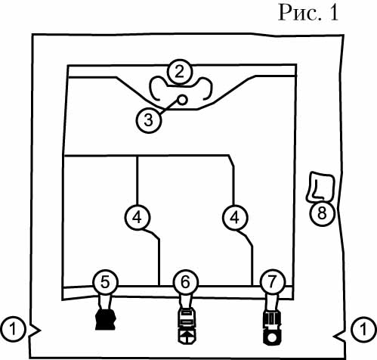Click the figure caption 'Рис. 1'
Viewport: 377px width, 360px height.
(308, 13)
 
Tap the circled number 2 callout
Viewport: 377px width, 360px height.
(180, 73)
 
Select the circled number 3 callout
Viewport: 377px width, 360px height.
(149, 120)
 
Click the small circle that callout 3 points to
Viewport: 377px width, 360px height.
(183, 100)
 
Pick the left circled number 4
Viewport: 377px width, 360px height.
(138, 217)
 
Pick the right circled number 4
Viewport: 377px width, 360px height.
(235, 217)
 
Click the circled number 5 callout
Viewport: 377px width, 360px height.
(105, 282)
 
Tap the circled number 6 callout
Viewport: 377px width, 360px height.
(186, 282)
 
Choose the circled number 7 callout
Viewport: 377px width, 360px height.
(272, 282)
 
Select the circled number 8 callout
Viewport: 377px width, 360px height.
(322, 213)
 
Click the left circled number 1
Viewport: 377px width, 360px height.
(13, 329)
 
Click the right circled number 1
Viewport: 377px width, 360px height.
(363, 329)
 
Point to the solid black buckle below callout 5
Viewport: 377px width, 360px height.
(106, 320)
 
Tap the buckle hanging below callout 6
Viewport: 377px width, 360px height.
(187, 326)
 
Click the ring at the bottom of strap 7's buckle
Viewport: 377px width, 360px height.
(272, 337)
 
